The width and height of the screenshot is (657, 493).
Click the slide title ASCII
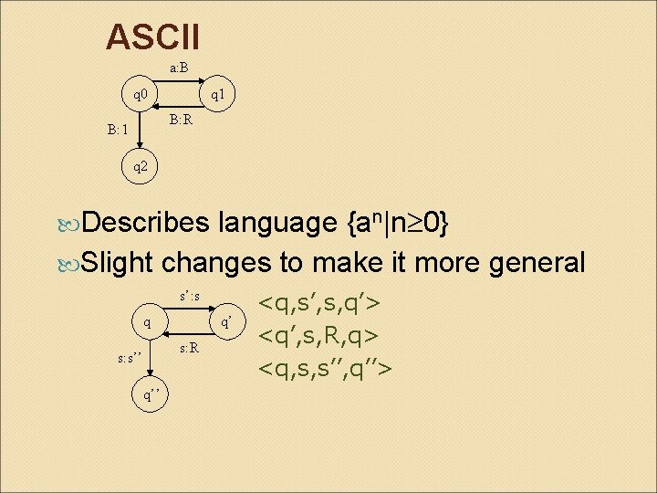pyautogui.click(x=152, y=37)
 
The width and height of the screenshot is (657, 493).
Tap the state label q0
pyautogui.click(x=142, y=94)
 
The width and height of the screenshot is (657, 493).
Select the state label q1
pyautogui.click(x=220, y=94)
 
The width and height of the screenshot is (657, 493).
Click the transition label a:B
pyautogui.click(x=179, y=68)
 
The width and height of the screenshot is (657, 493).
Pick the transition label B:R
pyautogui.click(x=180, y=119)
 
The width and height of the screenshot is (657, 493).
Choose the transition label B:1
pyautogui.click(x=117, y=130)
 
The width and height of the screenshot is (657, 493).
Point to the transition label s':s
pyautogui.click(x=190, y=296)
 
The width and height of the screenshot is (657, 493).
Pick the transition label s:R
pyautogui.click(x=189, y=347)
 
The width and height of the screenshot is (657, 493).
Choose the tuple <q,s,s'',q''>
pyautogui.click(x=326, y=368)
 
